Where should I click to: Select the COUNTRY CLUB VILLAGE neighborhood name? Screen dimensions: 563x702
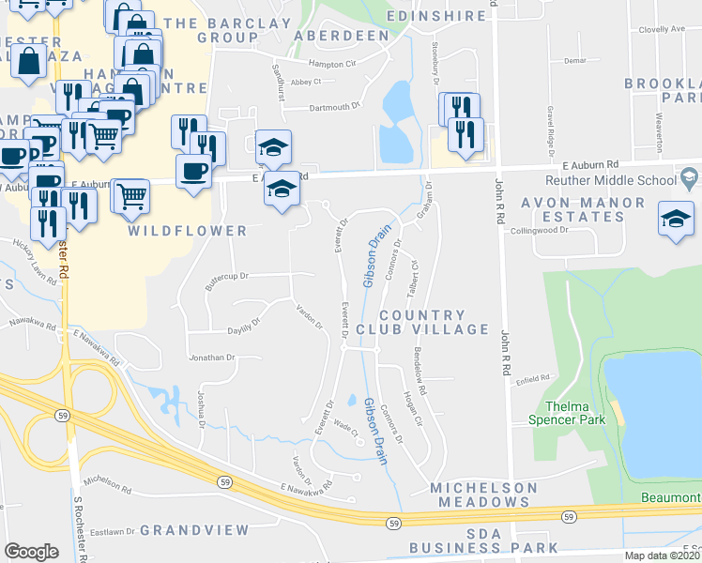tap(435, 322)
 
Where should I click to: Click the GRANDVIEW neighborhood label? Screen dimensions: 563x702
tap(196, 530)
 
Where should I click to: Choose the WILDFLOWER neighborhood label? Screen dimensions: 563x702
tap(188, 230)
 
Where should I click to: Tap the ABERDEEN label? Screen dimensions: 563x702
tap(342, 35)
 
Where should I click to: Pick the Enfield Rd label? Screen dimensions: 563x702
tap(530, 376)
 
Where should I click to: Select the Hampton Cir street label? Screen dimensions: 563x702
tap(333, 64)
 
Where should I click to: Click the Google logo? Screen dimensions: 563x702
tap(31, 552)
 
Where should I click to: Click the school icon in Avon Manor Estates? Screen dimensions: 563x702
tap(676, 221)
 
